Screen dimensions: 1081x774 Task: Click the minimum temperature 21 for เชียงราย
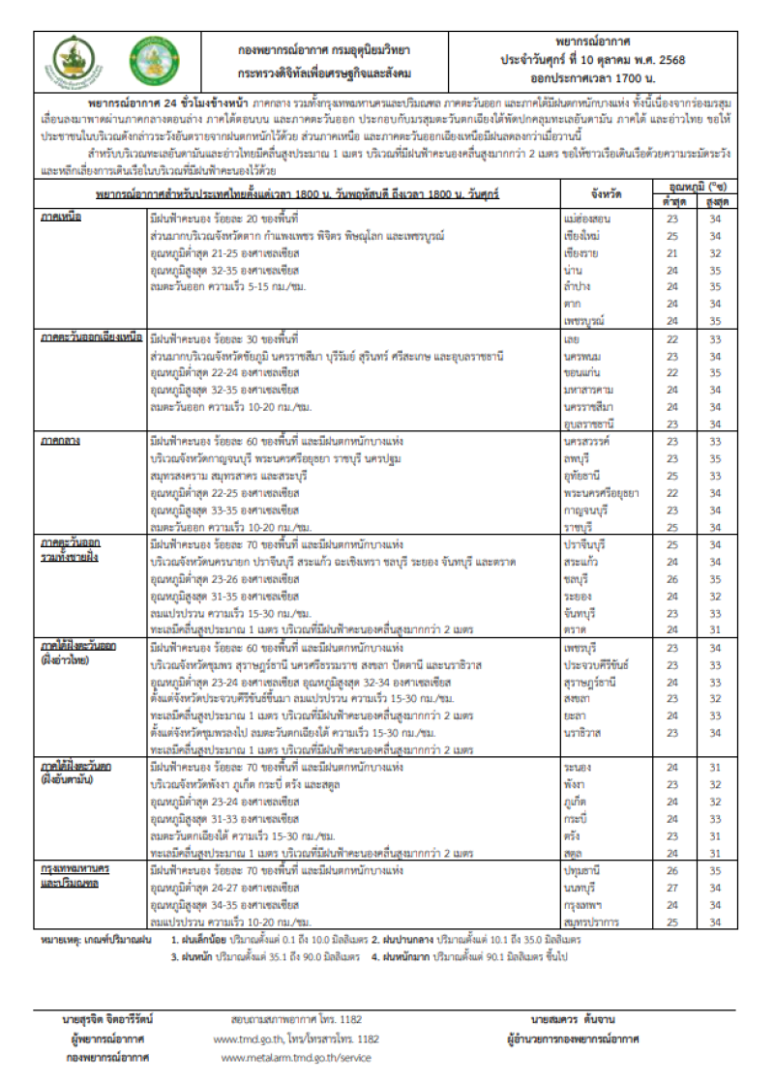click(670, 252)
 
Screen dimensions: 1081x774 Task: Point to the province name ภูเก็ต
click(574, 802)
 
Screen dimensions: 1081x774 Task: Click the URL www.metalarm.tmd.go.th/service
click(296, 1058)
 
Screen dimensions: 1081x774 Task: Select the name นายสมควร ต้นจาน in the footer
click(573, 1019)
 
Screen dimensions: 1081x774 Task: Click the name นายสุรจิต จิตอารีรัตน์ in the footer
click(107, 1019)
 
